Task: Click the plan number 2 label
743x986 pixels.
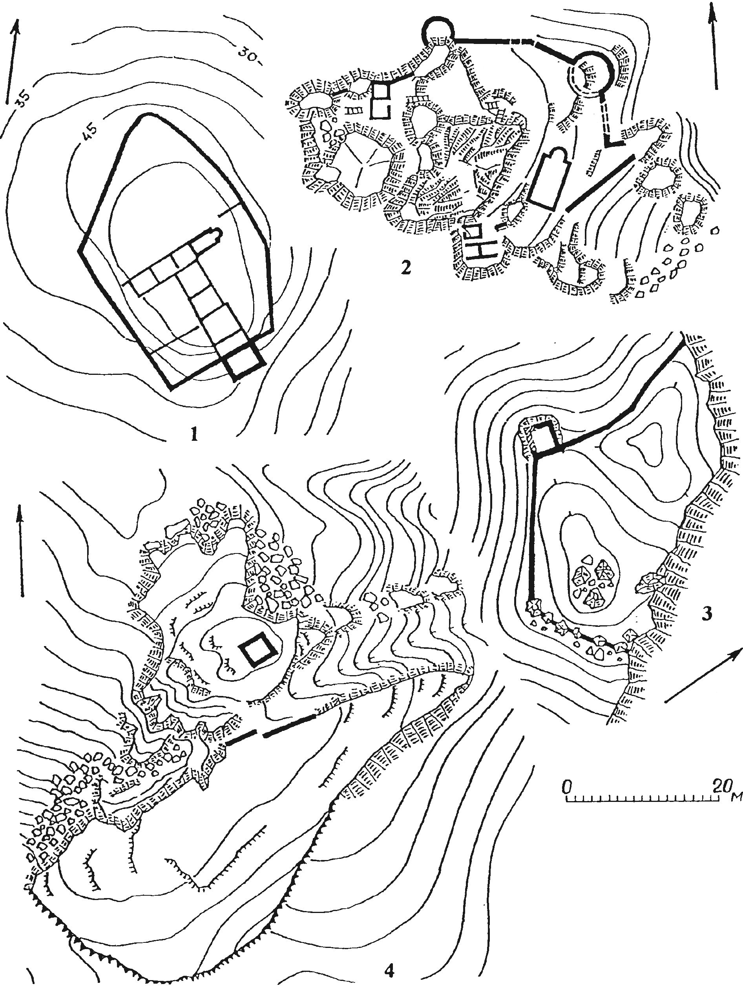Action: (x=405, y=269)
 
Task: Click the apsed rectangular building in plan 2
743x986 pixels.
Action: (x=548, y=178)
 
